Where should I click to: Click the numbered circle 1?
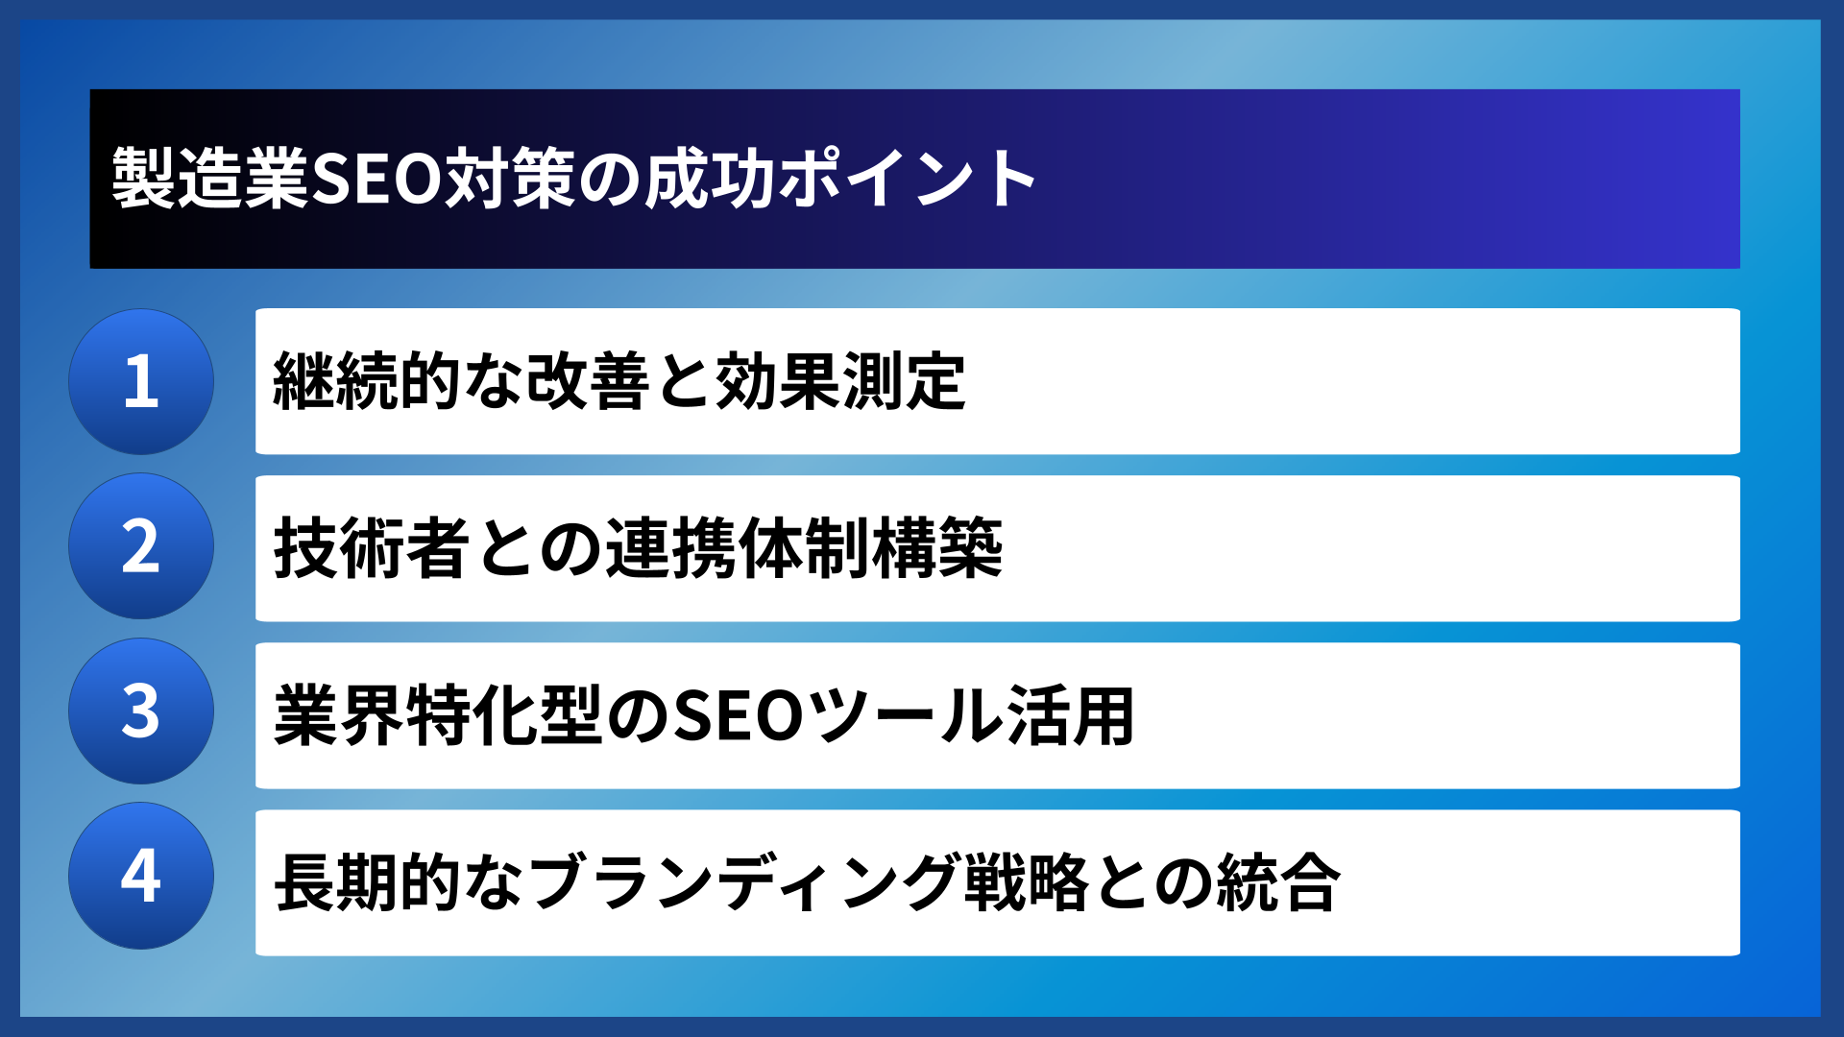click(x=141, y=381)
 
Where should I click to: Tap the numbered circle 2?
click(x=141, y=546)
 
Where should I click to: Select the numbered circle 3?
click(x=141, y=711)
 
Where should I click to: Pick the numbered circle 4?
click(x=141, y=876)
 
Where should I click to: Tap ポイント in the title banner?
click(x=907, y=179)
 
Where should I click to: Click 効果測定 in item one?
click(x=840, y=381)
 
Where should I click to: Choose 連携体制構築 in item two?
click(x=804, y=548)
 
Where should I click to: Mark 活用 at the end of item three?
click(x=1070, y=715)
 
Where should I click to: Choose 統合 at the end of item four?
click(x=1277, y=882)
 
